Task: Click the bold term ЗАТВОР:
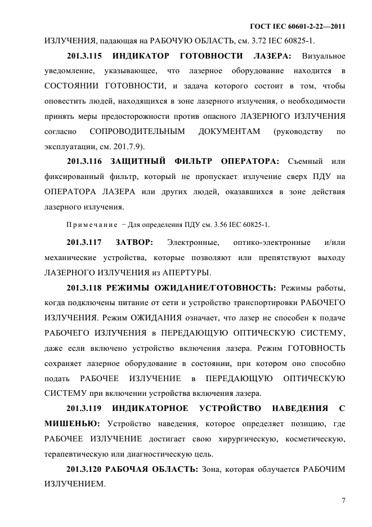(x=133, y=243)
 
